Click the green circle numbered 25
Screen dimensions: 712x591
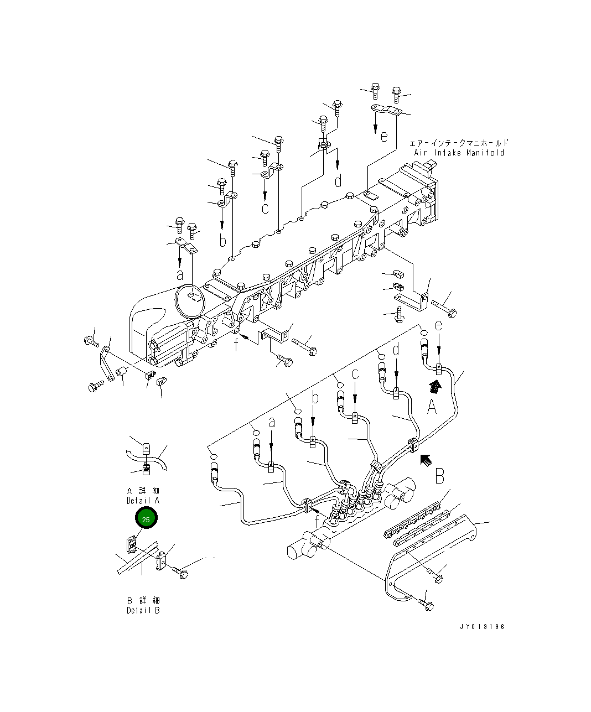coord(146,519)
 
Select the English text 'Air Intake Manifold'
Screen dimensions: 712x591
coord(459,153)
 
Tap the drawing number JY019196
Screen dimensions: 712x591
coord(481,627)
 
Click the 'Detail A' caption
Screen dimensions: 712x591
coord(143,500)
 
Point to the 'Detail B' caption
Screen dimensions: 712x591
coord(143,610)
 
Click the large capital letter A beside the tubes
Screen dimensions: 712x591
coord(432,408)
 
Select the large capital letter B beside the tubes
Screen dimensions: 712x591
coord(439,475)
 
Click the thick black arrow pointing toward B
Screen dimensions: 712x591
coord(425,459)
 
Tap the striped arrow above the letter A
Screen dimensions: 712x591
coord(436,386)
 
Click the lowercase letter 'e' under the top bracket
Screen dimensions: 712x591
coord(385,136)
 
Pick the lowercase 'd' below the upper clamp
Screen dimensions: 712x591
coord(338,180)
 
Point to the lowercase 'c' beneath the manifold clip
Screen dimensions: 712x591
coord(265,208)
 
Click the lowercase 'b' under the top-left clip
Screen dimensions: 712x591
coord(222,241)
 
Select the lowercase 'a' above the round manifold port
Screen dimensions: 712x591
coord(180,274)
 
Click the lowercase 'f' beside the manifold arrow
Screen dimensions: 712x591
coord(236,345)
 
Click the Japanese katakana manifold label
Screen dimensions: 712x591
coord(459,143)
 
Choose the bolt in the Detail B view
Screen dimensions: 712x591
coord(181,572)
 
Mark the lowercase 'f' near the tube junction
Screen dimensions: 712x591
coord(317,521)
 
